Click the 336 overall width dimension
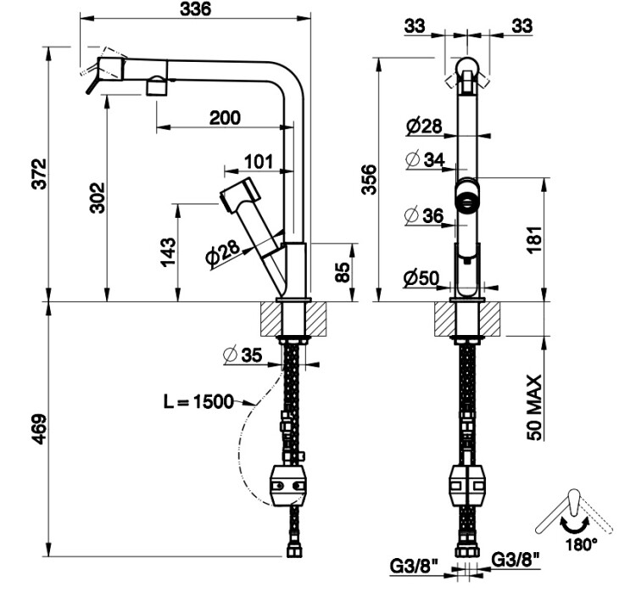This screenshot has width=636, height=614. [193, 9]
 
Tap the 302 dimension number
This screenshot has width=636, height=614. [97, 197]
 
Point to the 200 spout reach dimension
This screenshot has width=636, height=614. [224, 118]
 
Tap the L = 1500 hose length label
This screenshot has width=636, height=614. [198, 401]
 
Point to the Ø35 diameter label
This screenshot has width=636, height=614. [243, 356]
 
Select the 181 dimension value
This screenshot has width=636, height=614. [534, 239]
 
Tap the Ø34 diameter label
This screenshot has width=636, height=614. [424, 159]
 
